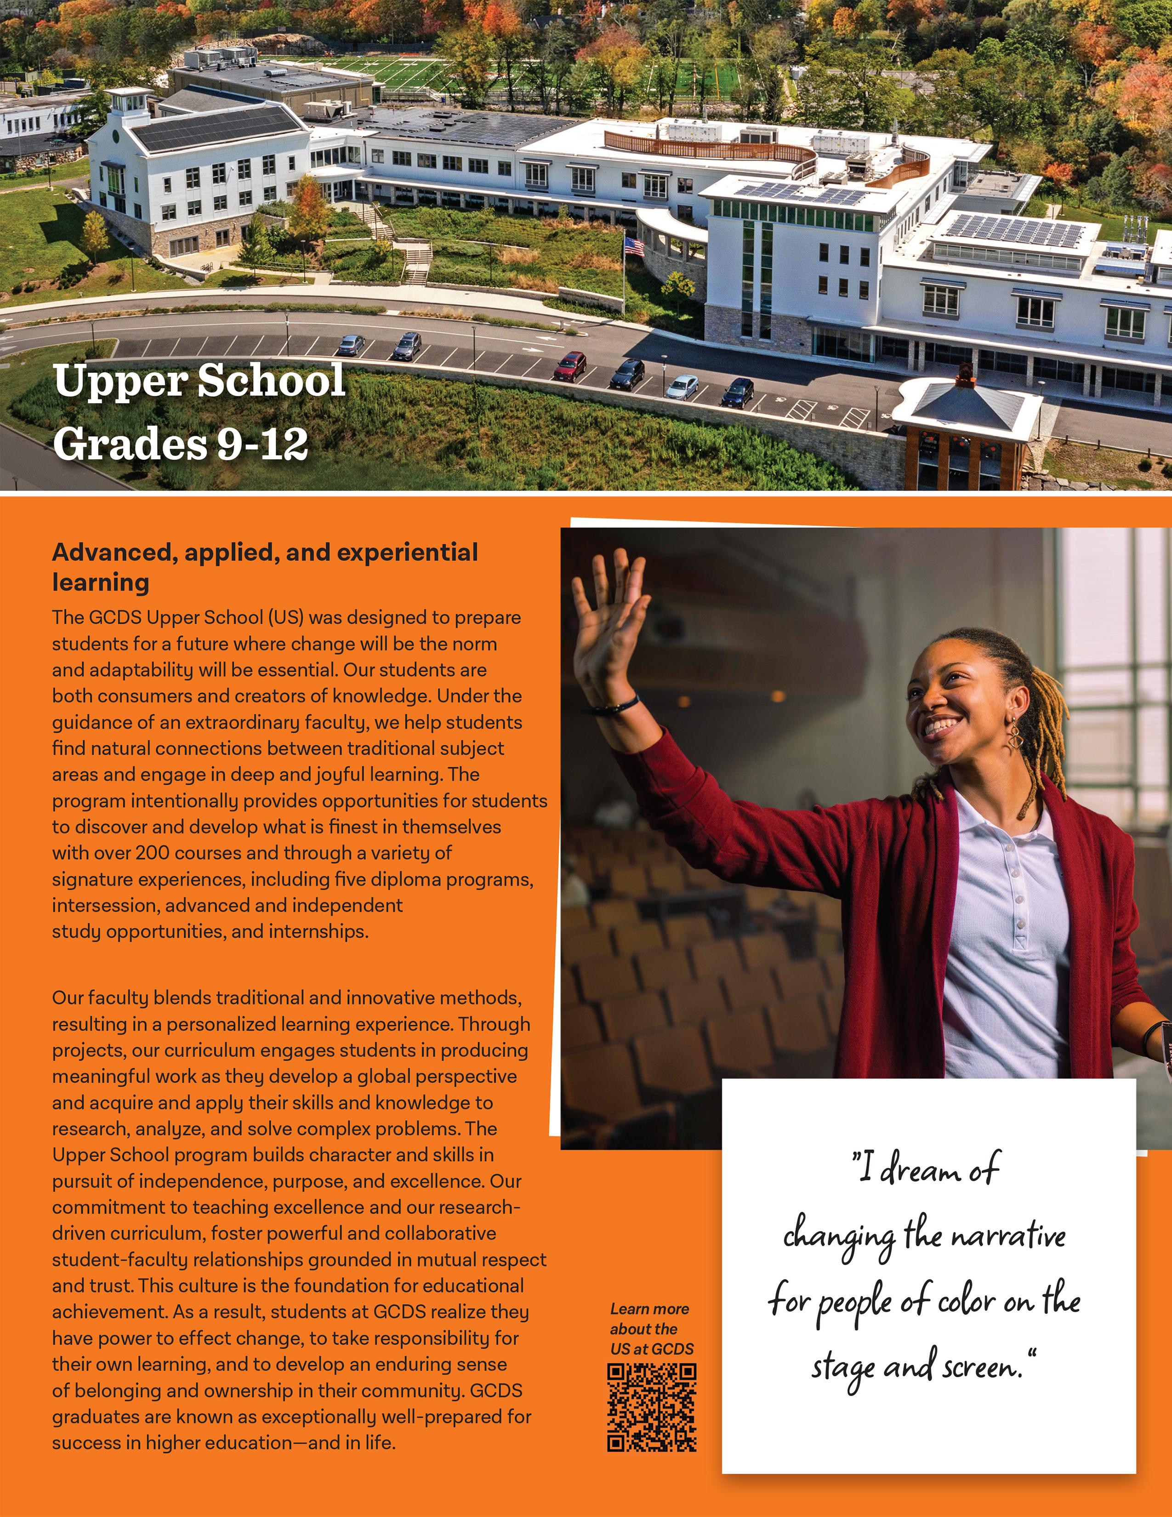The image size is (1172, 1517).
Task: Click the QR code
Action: coord(651,1407)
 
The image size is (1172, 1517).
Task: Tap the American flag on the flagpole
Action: coord(634,246)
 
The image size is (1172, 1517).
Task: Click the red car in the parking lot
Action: coord(569,365)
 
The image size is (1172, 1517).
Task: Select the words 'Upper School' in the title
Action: coord(199,381)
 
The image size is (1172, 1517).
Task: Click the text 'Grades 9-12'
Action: coord(181,443)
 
